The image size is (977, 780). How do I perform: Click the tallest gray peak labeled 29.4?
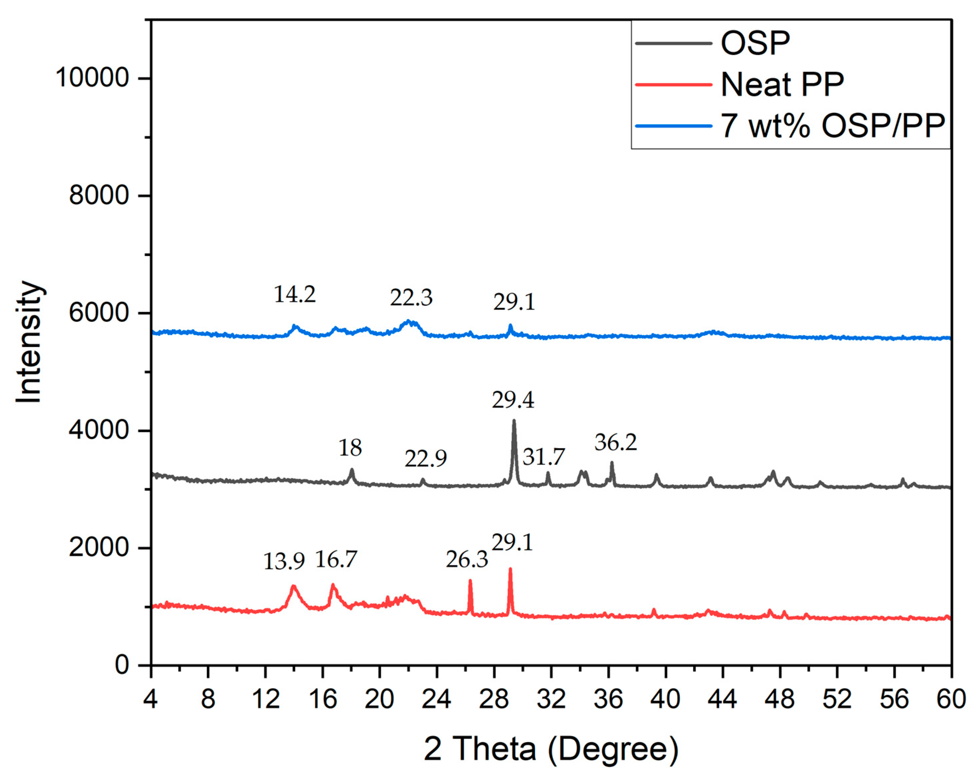point(514,422)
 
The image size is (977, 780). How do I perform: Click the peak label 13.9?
point(284,562)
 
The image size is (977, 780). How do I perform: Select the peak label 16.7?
point(336,560)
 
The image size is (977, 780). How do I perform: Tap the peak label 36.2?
point(615,442)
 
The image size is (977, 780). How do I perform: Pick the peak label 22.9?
point(426,459)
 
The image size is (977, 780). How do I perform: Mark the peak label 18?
point(350,448)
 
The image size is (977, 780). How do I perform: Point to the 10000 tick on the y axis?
point(93,78)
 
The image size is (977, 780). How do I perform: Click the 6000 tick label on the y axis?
point(99,313)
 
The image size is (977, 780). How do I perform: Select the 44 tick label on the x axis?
point(722,700)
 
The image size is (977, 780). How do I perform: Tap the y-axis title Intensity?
point(29,342)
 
